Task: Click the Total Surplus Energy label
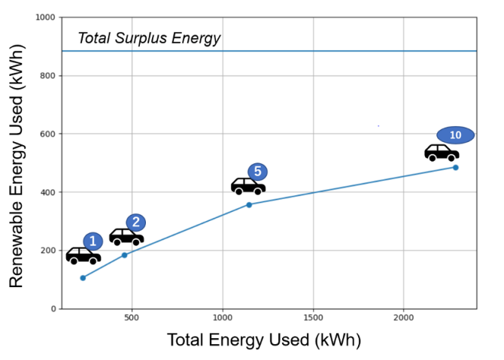pyautogui.click(x=149, y=38)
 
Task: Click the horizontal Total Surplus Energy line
pyautogui.click(x=301, y=51)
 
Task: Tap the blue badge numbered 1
pyautogui.click(x=93, y=241)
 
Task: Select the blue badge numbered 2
pyautogui.click(x=135, y=222)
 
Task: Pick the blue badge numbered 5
pyautogui.click(x=257, y=172)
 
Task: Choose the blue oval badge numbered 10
pyautogui.click(x=455, y=135)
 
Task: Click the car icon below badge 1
pyautogui.click(x=83, y=256)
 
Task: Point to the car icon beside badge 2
pyautogui.click(x=126, y=237)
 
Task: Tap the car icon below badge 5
pyautogui.click(x=247, y=186)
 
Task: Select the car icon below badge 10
pyautogui.click(x=442, y=153)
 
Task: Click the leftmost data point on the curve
pyautogui.click(x=83, y=278)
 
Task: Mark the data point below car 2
pyautogui.click(x=124, y=256)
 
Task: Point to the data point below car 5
pyautogui.click(x=249, y=204)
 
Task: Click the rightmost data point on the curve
pyautogui.click(x=455, y=168)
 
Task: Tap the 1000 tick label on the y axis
pyautogui.click(x=46, y=17)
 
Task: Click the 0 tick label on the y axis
pyautogui.click(x=53, y=309)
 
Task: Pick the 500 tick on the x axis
pyautogui.click(x=132, y=317)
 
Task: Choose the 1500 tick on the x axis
pyautogui.click(x=313, y=317)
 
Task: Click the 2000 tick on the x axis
pyautogui.click(x=403, y=317)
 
